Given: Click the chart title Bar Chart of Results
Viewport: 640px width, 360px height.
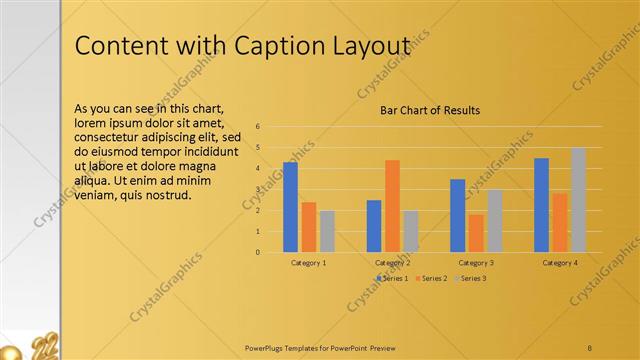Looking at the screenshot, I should click(430, 110).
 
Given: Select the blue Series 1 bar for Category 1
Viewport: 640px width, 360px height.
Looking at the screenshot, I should click(290, 207).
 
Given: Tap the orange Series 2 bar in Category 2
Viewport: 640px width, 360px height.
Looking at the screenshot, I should click(392, 206).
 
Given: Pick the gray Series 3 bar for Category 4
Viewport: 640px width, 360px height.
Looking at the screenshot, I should click(578, 200).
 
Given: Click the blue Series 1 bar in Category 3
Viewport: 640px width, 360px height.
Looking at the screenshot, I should click(457, 215).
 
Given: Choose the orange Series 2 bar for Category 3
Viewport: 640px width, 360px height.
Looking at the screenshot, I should click(475, 233).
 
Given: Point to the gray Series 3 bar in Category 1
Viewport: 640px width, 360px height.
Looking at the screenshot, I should click(327, 231).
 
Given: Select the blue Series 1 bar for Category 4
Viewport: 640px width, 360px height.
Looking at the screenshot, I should click(541, 205).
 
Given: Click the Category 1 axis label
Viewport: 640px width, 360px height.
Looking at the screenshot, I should click(308, 262).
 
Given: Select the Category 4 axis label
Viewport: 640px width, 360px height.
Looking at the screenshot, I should click(560, 262).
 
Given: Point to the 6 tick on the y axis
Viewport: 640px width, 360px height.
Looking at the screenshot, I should click(258, 127).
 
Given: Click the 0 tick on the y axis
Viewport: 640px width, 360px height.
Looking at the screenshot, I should click(258, 252).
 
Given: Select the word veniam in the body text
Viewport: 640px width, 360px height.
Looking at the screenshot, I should click(98, 195).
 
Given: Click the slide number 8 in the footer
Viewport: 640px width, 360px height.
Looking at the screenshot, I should click(590, 347).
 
